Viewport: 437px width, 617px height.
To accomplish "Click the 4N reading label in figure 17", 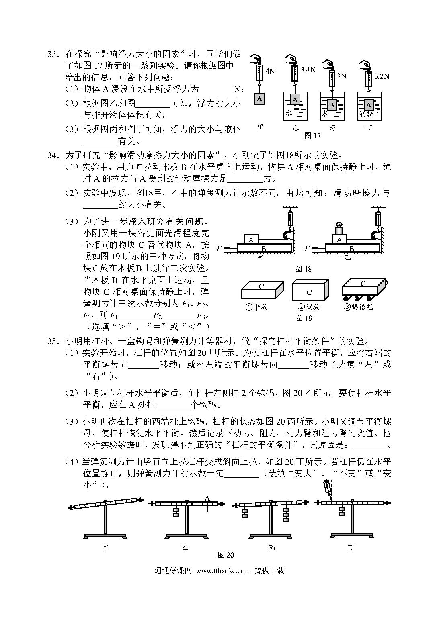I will point(270,71).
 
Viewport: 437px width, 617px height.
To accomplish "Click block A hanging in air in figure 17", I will point(259,99).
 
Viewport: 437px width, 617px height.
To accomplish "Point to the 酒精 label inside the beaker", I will point(367,114).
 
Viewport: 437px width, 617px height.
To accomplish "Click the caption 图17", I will point(312,136).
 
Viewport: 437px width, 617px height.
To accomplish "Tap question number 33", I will point(53,54).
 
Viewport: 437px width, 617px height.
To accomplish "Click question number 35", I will point(53,341).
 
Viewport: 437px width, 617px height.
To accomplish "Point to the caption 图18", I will point(303,269).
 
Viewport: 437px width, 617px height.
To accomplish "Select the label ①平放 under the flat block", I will point(256,307).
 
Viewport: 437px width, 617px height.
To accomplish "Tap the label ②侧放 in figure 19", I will point(308,307).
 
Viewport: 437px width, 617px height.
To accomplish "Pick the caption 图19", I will point(304,318).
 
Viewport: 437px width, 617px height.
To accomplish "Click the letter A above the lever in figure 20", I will point(207,499).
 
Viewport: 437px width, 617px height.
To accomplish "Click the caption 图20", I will point(226,555).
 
